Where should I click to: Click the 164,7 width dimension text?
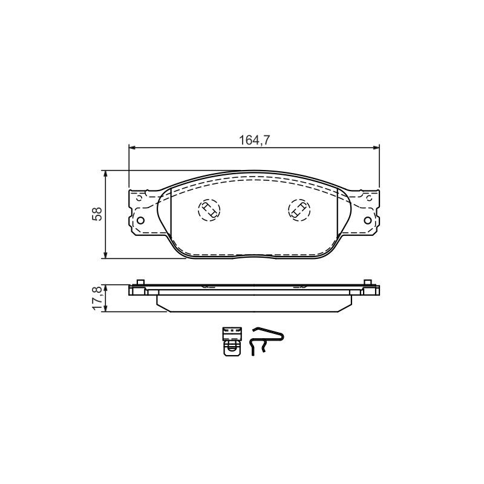tap(255, 140)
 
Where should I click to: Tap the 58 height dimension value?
tap(97, 214)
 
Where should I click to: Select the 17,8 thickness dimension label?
tap(97, 298)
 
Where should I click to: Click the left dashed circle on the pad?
tap(209, 210)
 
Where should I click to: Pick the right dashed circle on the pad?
tap(299, 210)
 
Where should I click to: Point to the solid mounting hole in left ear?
tap(140, 220)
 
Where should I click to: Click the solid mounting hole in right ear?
tap(368, 220)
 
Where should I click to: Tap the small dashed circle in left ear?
tap(140, 198)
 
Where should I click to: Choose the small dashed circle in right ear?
tap(368, 198)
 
